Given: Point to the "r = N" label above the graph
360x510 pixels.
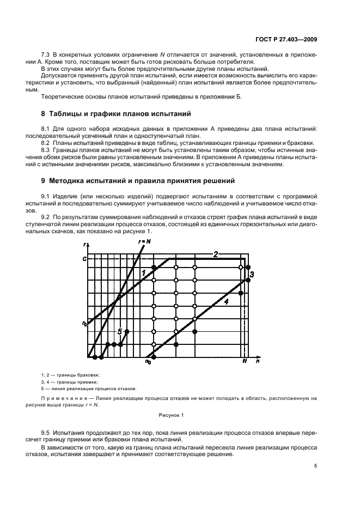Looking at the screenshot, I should pyautogui.click(x=145, y=241).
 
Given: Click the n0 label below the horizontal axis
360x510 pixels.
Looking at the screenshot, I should pyautogui.click(x=148, y=362).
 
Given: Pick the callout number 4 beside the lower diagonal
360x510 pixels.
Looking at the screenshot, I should pyautogui.click(x=225, y=301).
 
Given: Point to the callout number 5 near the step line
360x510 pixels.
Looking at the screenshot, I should pyautogui.click(x=120, y=331).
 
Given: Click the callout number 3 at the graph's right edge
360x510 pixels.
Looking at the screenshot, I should pyautogui.click(x=252, y=275).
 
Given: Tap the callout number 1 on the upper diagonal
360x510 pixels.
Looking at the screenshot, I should pyautogui.click(x=143, y=272).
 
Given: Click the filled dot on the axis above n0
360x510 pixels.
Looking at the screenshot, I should pyautogui.click(x=154, y=357).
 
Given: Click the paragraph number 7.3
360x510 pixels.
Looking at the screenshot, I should pyautogui.click(x=47, y=56).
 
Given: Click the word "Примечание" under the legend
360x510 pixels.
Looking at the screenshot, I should pyautogui.click(x=60, y=399).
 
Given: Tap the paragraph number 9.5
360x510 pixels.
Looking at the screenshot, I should pyautogui.click(x=47, y=431).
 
